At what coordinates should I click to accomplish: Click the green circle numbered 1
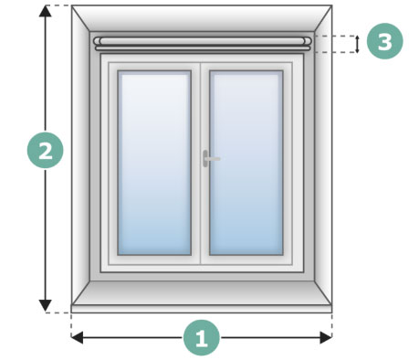202,337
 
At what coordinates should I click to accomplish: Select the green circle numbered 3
384,42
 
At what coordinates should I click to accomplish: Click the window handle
209,158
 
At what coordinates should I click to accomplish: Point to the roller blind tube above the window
203,41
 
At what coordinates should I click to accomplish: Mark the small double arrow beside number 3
357,44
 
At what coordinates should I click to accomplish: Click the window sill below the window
202,295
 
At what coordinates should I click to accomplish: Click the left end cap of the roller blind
97,42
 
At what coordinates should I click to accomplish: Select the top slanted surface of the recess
202,18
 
